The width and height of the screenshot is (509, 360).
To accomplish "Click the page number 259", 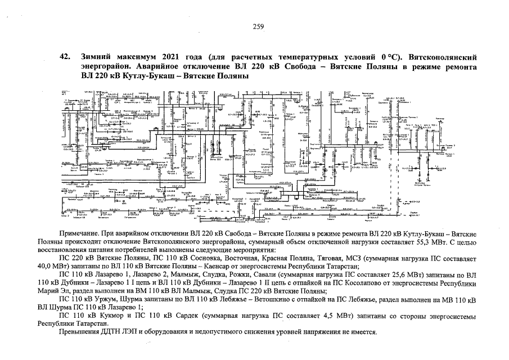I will pos(258,26).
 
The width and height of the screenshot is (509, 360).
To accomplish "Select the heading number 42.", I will pos(65,57).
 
